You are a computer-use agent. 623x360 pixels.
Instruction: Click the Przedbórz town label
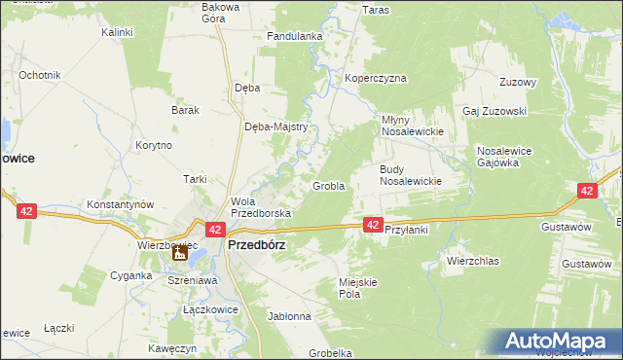point(256,246)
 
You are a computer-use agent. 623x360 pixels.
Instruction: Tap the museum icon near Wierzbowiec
point(180,254)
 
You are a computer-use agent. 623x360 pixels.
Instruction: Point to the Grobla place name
point(328,186)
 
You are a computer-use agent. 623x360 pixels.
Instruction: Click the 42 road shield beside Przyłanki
point(373,225)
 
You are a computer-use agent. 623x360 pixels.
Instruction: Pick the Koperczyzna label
point(375,78)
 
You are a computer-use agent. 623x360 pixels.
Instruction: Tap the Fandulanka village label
point(295,37)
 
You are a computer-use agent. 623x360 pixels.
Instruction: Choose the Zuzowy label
point(518,82)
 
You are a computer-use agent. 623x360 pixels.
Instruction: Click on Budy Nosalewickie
point(411,175)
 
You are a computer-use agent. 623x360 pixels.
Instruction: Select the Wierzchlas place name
point(472,261)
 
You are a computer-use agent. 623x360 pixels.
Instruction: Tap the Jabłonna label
point(289,316)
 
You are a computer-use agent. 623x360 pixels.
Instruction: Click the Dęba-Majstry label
point(276,126)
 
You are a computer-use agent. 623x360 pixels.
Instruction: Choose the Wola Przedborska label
point(254,207)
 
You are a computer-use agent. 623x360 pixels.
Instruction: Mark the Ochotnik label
point(40,75)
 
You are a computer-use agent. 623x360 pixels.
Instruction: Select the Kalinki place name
point(117,32)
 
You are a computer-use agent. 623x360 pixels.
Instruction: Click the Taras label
point(376,10)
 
